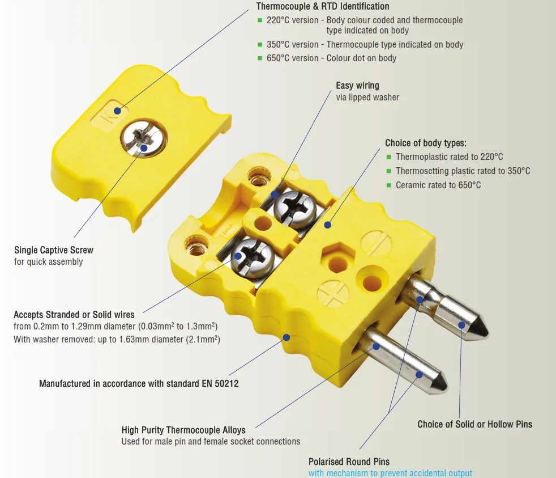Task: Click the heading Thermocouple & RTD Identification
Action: tap(323, 6)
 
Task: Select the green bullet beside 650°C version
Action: tap(260, 58)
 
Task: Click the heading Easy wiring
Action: tap(357, 86)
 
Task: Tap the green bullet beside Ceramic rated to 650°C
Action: tap(388, 185)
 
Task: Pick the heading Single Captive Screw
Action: tap(54, 250)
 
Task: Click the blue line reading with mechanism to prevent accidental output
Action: tap(390, 473)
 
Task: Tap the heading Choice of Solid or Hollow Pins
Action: tap(475, 424)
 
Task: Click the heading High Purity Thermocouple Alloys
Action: tap(183, 430)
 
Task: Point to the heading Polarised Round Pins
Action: tap(349, 462)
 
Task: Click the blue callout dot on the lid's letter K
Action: tap(117, 111)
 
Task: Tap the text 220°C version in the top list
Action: tap(293, 20)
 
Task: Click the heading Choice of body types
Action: tap(426, 143)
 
